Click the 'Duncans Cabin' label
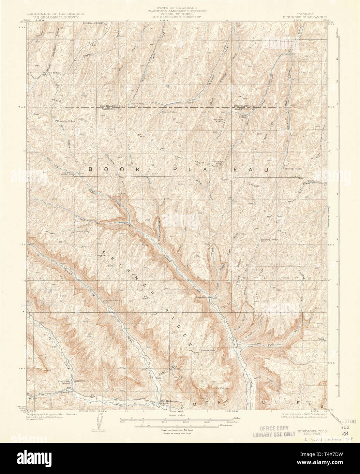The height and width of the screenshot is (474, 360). coord(66,121)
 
